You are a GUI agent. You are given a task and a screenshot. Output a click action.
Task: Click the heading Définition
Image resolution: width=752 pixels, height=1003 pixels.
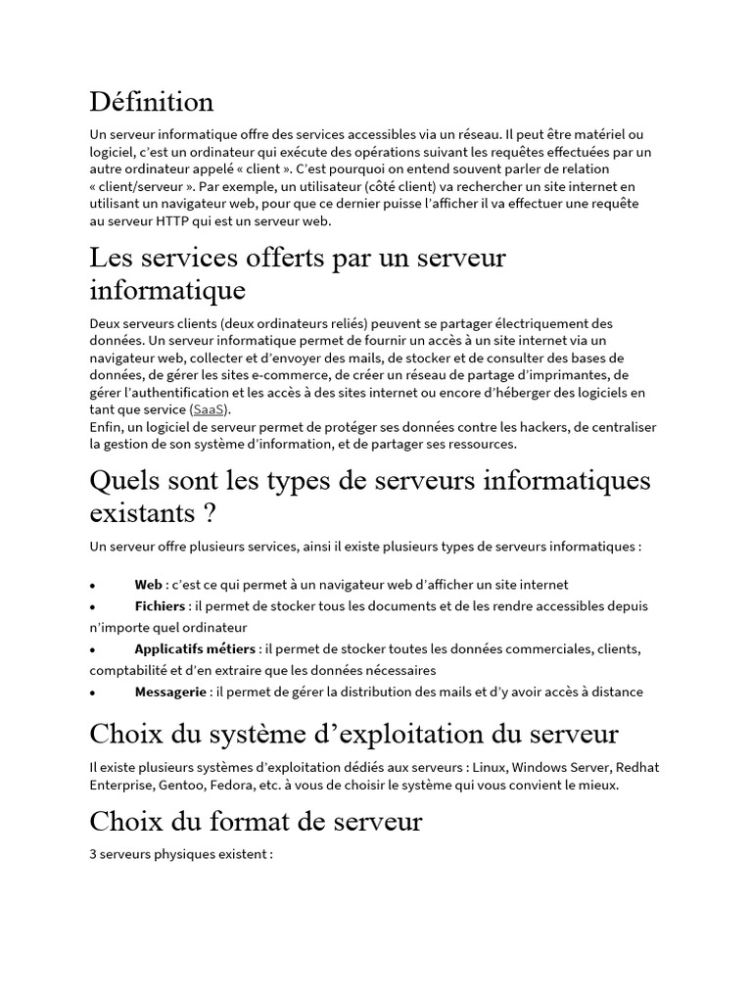[151, 101]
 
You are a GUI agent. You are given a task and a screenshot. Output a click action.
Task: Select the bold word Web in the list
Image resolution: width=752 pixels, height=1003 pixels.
[149, 585]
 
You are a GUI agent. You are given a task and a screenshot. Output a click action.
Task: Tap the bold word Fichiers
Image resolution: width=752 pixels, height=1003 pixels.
[160, 606]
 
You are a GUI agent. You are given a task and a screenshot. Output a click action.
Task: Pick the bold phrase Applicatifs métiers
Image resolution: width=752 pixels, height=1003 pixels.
[196, 648]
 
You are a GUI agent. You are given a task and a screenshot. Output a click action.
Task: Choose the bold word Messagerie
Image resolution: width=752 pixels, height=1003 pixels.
[171, 692]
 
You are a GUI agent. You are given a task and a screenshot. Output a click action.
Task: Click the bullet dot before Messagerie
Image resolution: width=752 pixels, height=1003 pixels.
[92, 693]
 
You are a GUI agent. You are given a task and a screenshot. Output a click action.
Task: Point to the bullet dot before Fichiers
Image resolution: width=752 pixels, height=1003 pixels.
[92, 607]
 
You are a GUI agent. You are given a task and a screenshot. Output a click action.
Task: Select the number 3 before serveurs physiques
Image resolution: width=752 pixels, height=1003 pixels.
[93, 854]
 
